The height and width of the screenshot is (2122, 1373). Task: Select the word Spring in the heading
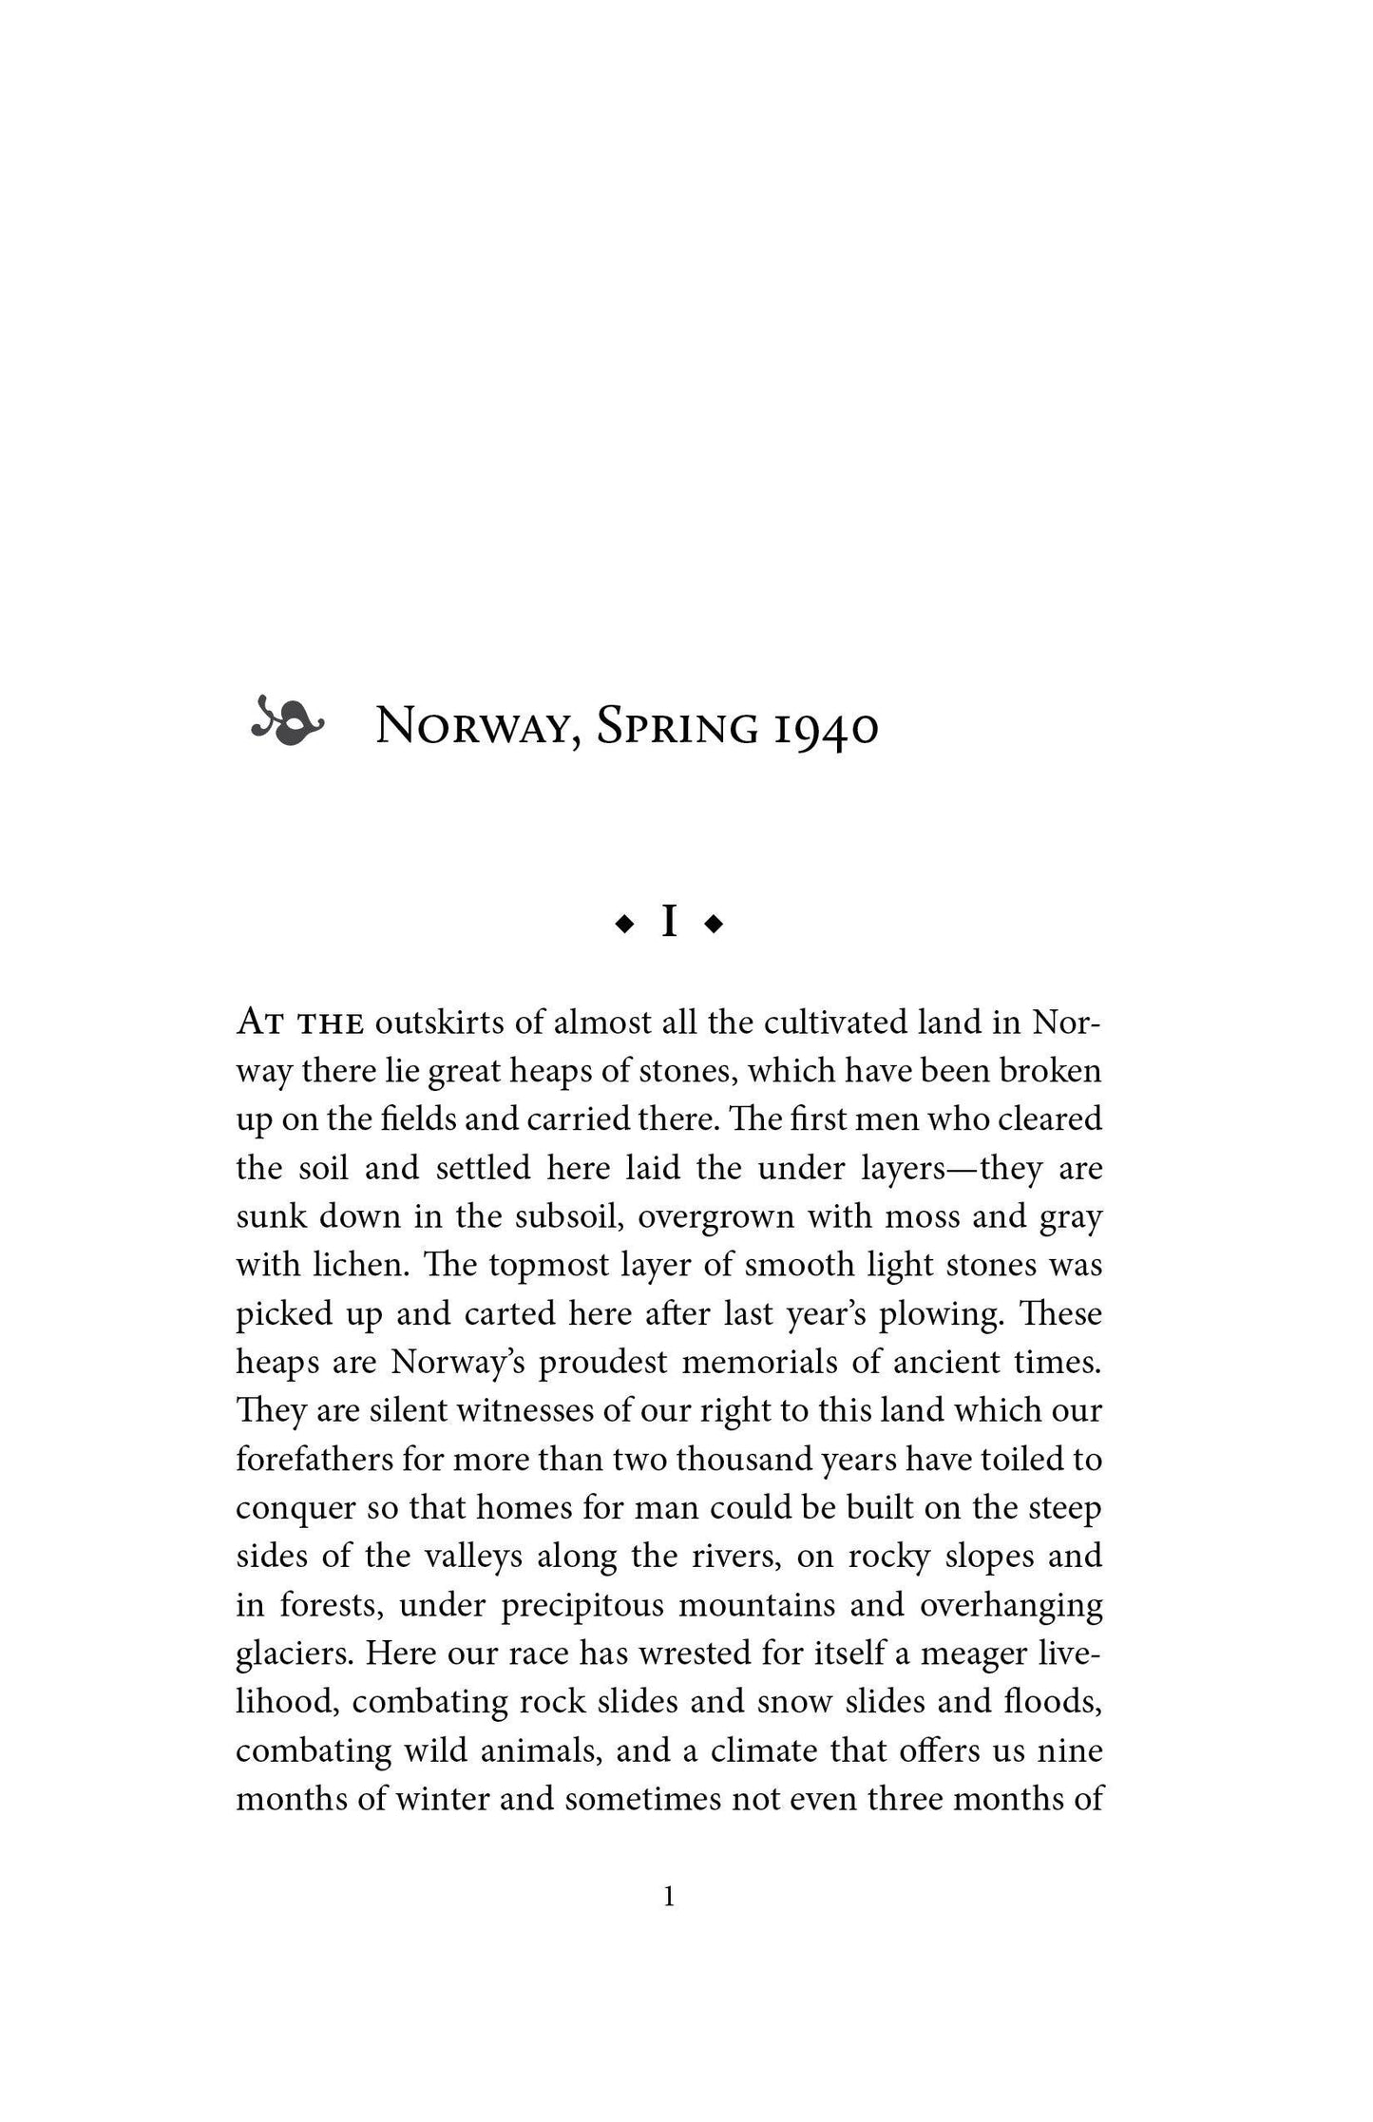(677, 729)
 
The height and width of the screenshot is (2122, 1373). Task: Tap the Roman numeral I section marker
(669, 923)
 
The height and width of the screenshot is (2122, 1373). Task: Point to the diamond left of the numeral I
(624, 924)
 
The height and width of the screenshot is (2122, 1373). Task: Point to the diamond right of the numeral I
(715, 924)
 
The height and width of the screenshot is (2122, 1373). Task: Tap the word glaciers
(295, 1654)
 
